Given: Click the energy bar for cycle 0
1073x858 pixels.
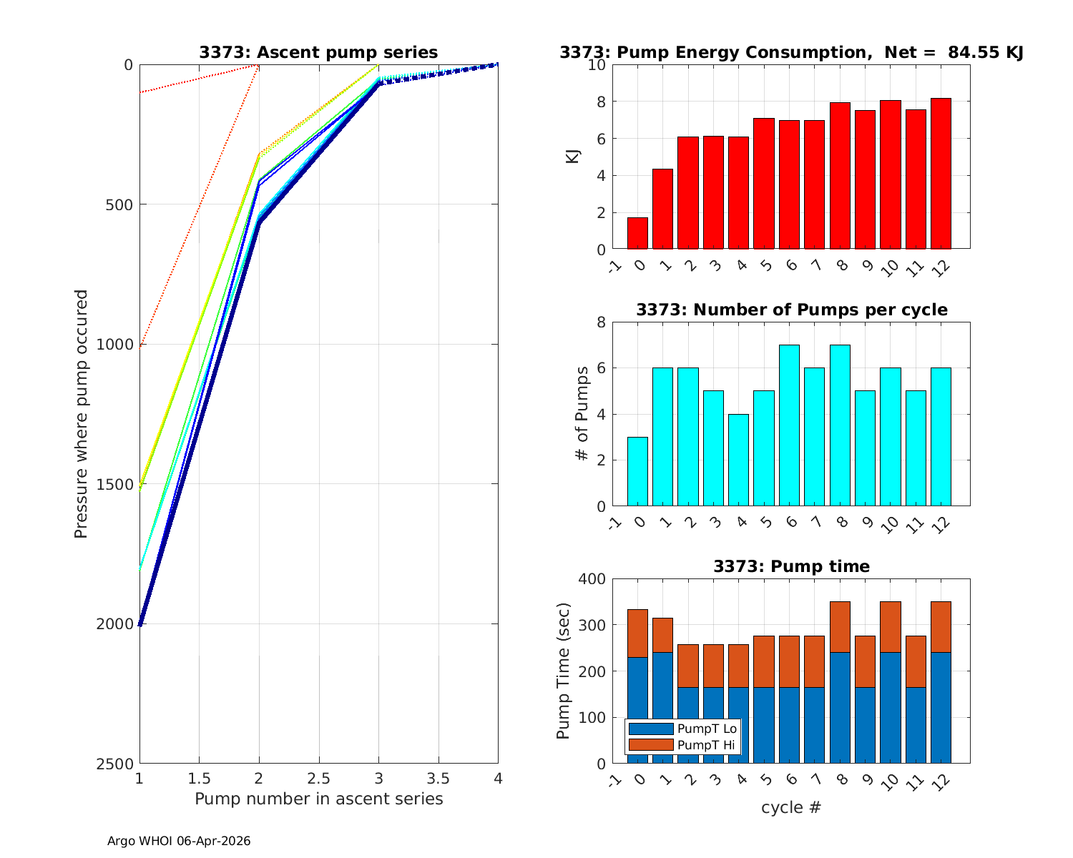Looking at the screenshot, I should [637, 233].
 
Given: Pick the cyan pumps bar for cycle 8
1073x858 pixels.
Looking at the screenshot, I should [840, 425].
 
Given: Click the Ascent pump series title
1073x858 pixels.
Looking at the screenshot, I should [318, 52].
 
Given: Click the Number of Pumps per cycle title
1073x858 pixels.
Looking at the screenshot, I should [791, 310].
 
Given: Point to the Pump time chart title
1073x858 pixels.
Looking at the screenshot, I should [791, 566].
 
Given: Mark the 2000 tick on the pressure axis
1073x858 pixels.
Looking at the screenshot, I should [119, 624].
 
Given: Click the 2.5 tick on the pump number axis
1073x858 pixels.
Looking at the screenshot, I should [318, 777].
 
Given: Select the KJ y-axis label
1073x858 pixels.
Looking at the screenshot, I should [572, 157].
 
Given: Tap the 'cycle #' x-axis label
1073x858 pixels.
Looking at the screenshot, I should [791, 808].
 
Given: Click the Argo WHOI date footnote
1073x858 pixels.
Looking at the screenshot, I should [179, 841].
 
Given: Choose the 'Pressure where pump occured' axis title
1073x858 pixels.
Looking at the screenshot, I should [81, 414].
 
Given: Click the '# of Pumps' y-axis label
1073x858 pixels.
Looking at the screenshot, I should [583, 414].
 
